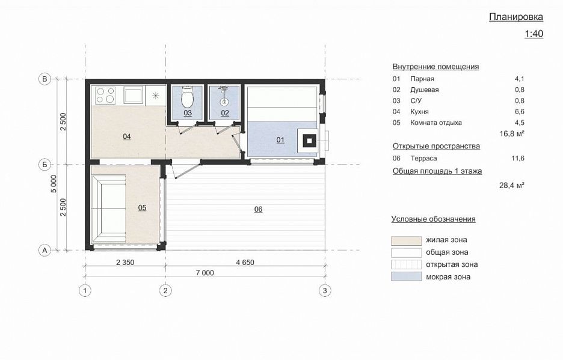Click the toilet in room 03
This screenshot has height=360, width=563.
(x=188, y=97)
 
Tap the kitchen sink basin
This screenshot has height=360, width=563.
(x=133, y=96)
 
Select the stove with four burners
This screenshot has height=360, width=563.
(x=106, y=96)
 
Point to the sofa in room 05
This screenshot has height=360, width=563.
(x=109, y=209)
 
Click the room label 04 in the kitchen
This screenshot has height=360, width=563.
(x=127, y=136)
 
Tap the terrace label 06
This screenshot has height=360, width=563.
(x=258, y=209)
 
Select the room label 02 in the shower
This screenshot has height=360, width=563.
(x=225, y=113)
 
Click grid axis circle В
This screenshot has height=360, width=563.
(x=45, y=79)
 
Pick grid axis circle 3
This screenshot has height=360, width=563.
(x=325, y=290)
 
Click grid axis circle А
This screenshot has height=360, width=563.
(x=45, y=250)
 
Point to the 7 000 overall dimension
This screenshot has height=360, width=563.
(x=205, y=273)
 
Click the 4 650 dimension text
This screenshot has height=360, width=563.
(x=245, y=263)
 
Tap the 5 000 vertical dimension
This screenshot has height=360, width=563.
(x=54, y=184)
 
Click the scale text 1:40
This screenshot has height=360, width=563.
(x=534, y=34)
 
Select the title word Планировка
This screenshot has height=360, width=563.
(x=516, y=17)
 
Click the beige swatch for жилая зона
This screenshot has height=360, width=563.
(x=407, y=240)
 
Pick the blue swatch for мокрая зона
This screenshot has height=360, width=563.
(x=407, y=276)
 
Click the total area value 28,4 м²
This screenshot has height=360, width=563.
(x=512, y=185)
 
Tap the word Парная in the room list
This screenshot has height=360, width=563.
(x=422, y=79)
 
